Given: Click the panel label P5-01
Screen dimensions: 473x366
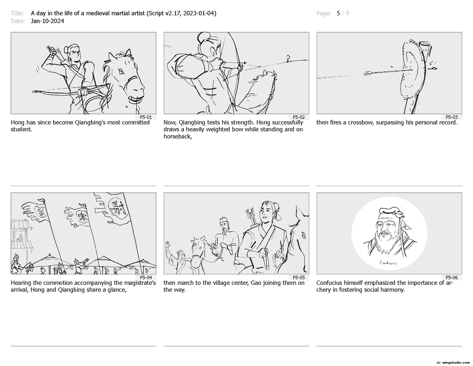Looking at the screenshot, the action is click(x=146, y=117).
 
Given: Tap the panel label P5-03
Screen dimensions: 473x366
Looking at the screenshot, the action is click(x=451, y=117).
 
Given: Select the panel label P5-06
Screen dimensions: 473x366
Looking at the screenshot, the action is click(x=451, y=278).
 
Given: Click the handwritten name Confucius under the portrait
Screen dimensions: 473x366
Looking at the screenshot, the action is click(x=388, y=263).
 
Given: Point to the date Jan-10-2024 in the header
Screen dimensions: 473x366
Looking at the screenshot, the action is click(x=47, y=21).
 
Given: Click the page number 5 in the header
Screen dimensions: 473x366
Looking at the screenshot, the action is click(x=338, y=13).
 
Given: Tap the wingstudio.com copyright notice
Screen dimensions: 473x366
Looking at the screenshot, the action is click(x=453, y=363).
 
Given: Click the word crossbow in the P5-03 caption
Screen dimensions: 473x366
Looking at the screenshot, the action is click(x=360, y=123).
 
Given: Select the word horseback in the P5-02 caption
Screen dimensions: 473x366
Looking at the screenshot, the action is click(x=178, y=136).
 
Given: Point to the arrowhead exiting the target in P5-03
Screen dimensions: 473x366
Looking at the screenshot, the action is click(x=434, y=69).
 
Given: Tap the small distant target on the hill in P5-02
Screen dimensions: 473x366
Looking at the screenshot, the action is click(x=288, y=58).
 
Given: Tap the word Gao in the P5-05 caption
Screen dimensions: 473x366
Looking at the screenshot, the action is click(x=256, y=283).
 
